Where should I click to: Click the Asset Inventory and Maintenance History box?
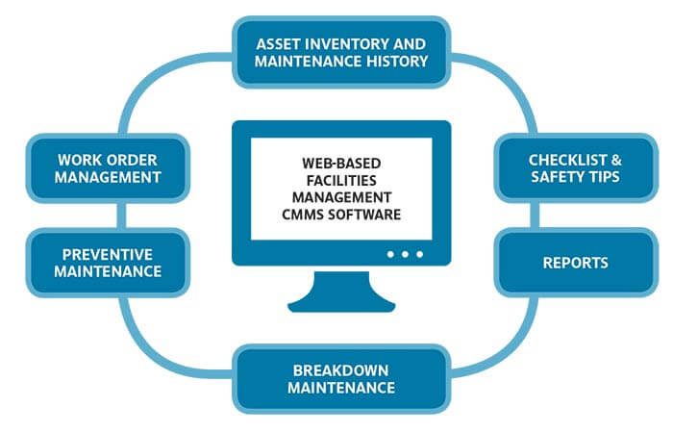(x=341, y=54)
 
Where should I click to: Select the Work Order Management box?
(x=93, y=168)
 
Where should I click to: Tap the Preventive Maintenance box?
(x=93, y=263)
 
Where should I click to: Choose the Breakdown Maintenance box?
(x=341, y=378)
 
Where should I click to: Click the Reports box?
(x=575, y=263)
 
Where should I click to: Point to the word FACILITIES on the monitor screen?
(x=341, y=180)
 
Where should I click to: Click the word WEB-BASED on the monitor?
(x=341, y=164)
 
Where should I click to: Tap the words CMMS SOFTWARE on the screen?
(x=341, y=213)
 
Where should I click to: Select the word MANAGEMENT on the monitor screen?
(x=341, y=196)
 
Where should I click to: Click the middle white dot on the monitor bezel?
(x=405, y=254)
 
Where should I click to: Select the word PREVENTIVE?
(x=93, y=254)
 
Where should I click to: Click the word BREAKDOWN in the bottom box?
(x=341, y=369)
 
